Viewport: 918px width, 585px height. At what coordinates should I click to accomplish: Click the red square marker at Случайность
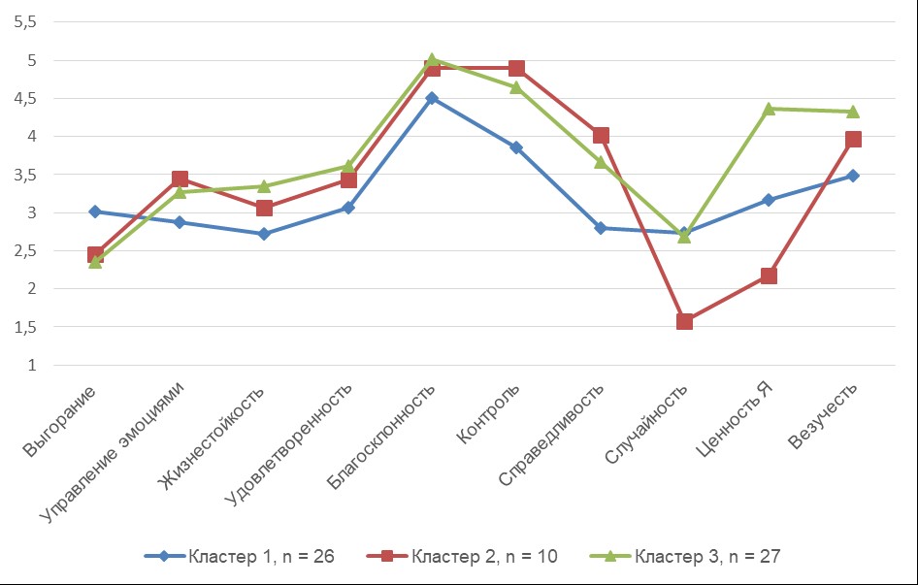coord(684,321)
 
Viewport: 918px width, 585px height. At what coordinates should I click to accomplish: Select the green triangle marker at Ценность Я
coord(769,109)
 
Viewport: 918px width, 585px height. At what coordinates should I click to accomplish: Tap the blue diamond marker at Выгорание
coord(95,211)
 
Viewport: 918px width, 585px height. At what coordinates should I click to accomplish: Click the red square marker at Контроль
coord(516,68)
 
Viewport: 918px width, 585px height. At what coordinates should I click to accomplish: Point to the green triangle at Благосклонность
coord(432,60)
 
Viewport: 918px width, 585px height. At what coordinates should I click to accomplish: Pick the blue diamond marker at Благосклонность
coord(432,98)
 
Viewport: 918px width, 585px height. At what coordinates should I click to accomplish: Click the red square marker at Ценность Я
coord(769,276)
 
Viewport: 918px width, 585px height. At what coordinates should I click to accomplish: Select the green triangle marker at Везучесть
coord(853,112)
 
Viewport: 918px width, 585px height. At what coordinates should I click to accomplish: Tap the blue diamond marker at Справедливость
coord(601,228)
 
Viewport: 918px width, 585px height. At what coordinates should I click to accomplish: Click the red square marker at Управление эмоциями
coord(180,179)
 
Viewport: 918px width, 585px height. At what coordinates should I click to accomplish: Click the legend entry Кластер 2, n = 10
coord(461,556)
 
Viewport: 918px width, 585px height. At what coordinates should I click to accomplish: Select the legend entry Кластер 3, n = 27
coord(685,556)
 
